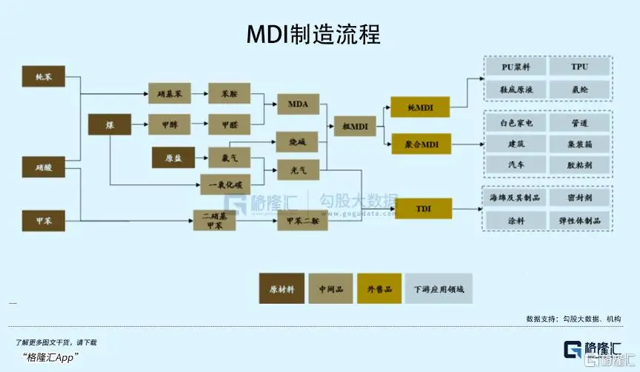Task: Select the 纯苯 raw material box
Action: point(43,76)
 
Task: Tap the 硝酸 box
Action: point(43,167)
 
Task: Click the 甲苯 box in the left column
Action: point(43,220)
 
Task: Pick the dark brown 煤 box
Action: point(109,124)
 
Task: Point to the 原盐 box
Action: point(173,158)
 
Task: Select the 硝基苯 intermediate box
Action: point(173,95)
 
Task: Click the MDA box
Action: point(298,104)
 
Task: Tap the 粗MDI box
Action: point(356,126)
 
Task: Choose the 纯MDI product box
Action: point(421,108)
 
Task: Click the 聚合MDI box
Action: point(421,144)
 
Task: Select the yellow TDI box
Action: point(423,209)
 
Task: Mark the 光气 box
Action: point(298,170)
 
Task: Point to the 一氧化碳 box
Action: point(226,183)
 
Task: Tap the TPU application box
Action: point(579,67)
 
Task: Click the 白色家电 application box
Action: point(516,123)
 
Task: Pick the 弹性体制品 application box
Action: point(579,221)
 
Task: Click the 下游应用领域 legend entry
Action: point(439,289)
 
